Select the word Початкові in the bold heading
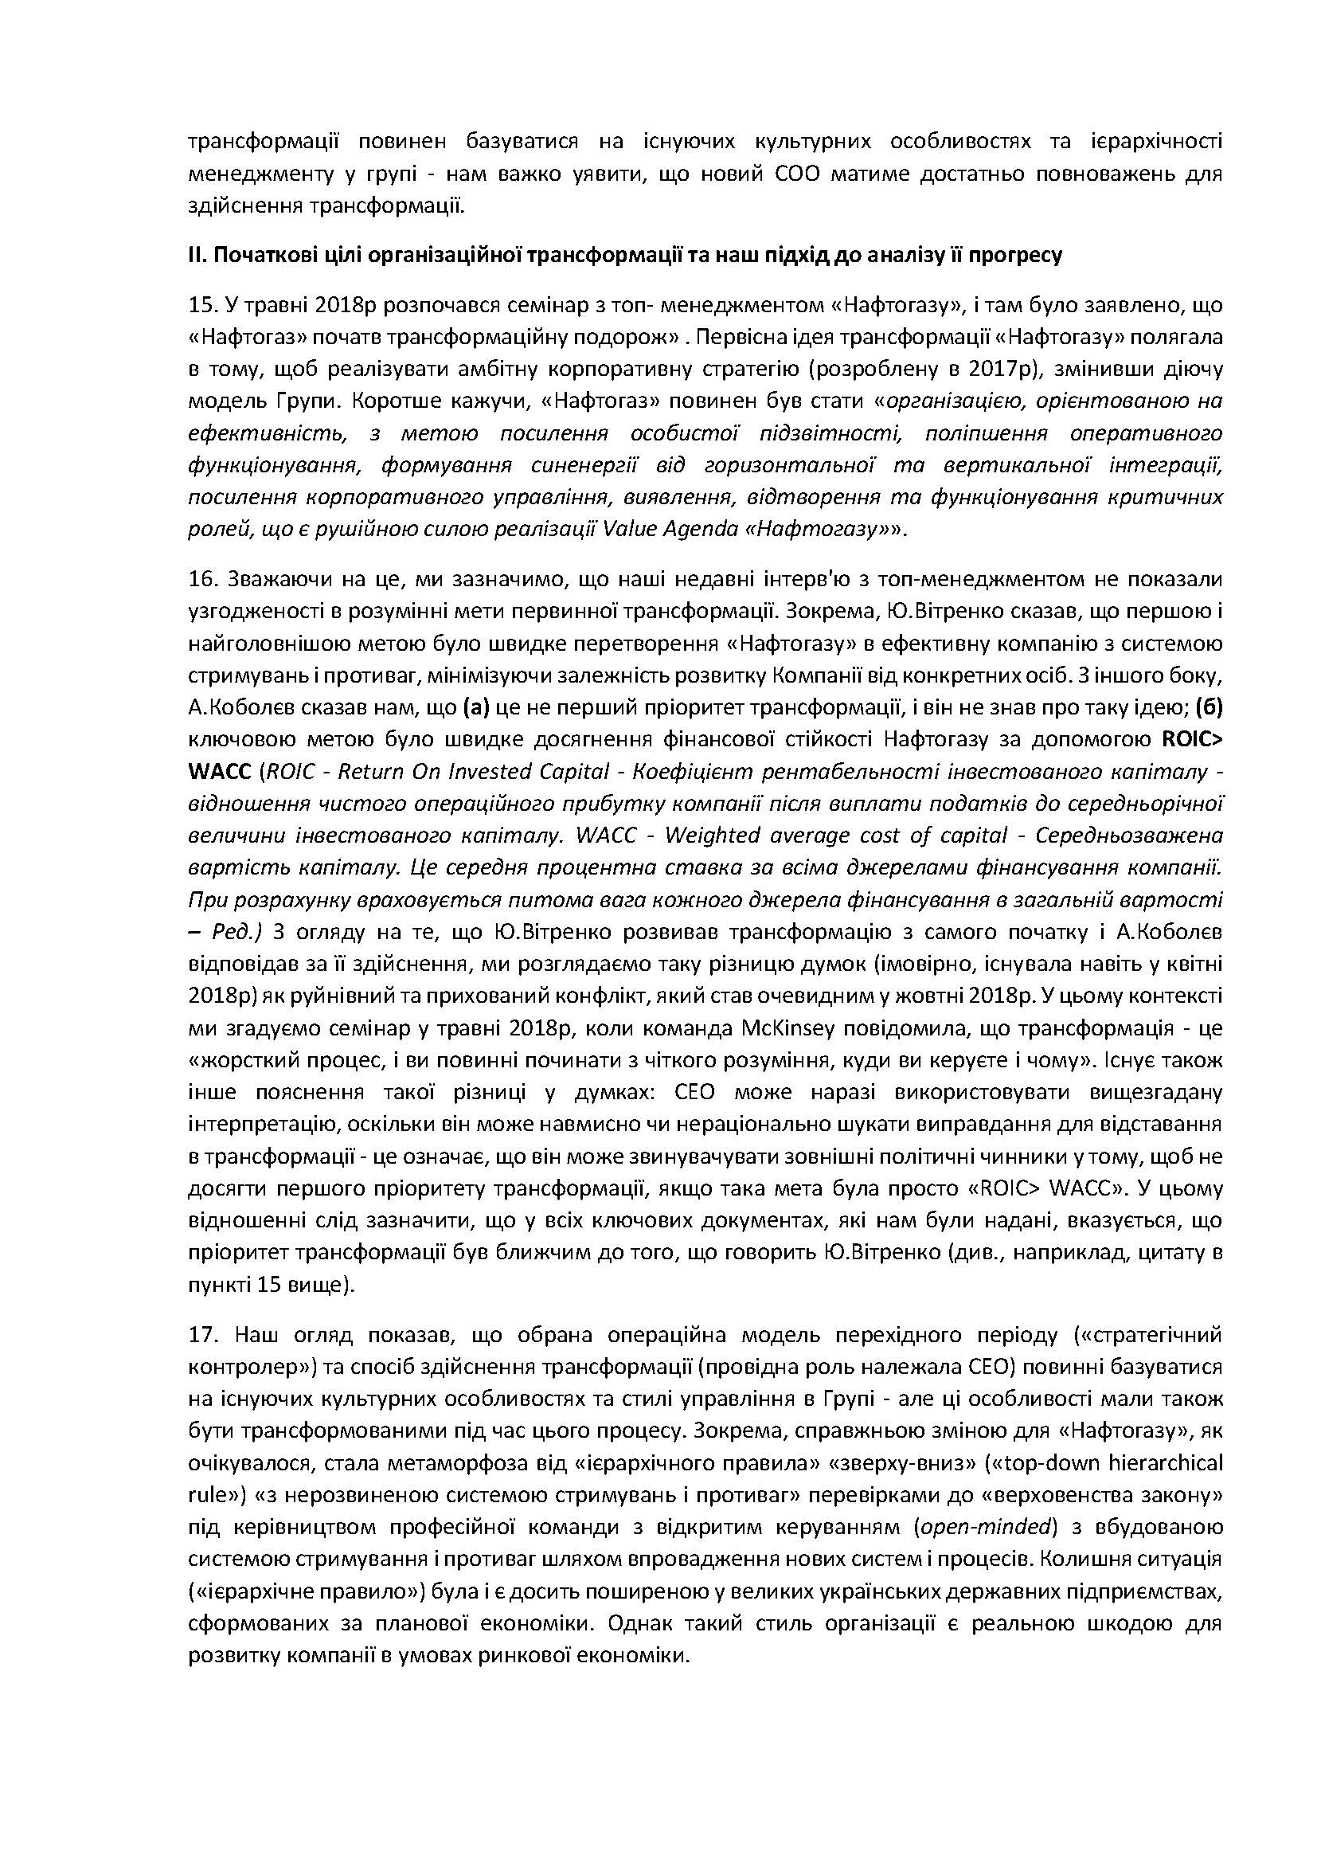click(x=258, y=256)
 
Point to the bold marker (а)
click(x=477, y=707)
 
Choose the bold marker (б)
click(x=1209, y=707)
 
